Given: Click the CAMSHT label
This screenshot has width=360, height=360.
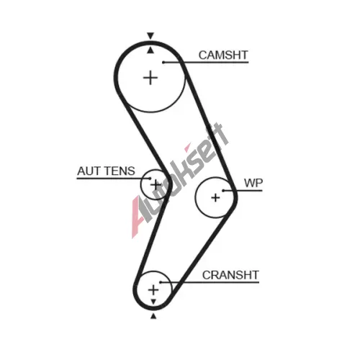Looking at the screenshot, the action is click(x=223, y=55).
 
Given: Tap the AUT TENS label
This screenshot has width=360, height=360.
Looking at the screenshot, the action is click(x=106, y=171).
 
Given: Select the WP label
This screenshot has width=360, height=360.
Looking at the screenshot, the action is click(x=253, y=183).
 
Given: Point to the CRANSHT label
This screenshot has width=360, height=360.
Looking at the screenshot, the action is click(x=230, y=275).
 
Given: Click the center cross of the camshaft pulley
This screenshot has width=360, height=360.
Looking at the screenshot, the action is click(x=150, y=78).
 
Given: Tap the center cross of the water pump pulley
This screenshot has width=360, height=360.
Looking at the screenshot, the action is click(x=215, y=198).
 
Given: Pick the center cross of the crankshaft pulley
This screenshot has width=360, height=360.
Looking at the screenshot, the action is click(x=153, y=289).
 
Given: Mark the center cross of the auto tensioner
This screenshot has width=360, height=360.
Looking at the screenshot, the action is click(x=156, y=185).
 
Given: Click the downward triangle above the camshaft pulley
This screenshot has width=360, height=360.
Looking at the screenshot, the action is click(x=150, y=36).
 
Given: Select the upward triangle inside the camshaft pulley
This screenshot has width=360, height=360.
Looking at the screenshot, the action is click(x=150, y=50).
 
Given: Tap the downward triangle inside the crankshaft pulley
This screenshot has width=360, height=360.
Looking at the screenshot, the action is click(x=153, y=302).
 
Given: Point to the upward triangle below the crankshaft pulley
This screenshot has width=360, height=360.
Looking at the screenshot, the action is click(x=153, y=316).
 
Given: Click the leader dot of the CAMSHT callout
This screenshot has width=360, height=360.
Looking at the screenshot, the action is click(x=163, y=63).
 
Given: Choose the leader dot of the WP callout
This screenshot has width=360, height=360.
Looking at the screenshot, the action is click(x=223, y=191).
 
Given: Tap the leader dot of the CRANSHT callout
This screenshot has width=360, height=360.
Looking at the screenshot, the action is click(x=161, y=282).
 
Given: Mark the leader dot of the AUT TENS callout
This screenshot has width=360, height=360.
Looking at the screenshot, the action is click(x=150, y=179).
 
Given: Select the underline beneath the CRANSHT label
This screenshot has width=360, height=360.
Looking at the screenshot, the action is click(x=210, y=282).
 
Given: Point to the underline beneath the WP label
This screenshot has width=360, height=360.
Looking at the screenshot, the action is click(x=243, y=191).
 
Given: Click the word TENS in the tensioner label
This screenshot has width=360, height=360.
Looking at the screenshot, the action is click(x=120, y=171).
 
